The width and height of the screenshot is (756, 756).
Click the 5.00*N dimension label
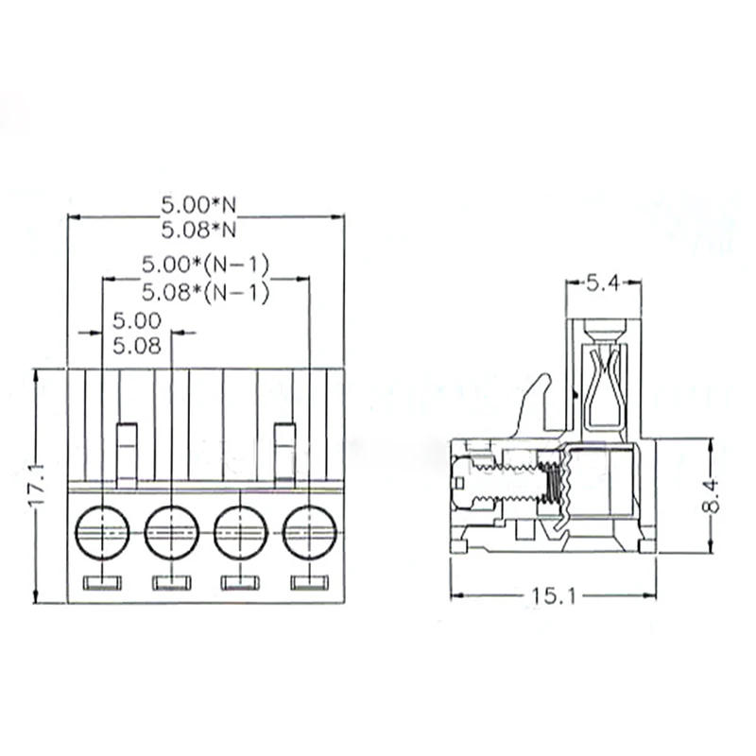198,204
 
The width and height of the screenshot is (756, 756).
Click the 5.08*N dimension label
198,230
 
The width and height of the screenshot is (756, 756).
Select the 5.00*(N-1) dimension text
205,266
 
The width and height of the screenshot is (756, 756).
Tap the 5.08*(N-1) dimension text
205,292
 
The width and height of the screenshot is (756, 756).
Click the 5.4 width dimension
603,282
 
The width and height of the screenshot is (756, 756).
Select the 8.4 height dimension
711,495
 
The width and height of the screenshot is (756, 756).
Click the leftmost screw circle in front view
102,532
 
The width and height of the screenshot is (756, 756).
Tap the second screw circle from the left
171,532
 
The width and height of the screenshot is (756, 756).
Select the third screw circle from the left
240,532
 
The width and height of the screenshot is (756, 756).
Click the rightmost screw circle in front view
309,532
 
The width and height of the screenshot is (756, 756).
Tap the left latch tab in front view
127,454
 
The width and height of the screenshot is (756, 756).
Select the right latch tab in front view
284,454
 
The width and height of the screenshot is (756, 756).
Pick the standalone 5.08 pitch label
137,346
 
